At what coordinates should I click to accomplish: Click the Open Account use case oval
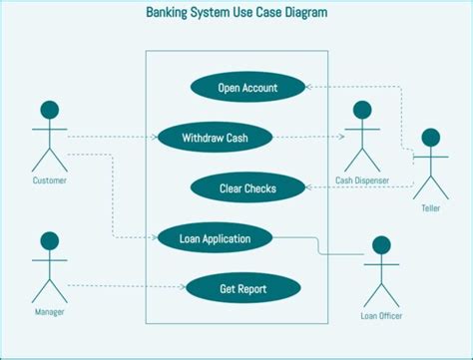pos(247,88)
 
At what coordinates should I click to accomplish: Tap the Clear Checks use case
pos(247,186)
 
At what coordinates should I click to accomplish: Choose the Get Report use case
pos(243,288)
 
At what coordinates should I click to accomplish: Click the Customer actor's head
pos(49,110)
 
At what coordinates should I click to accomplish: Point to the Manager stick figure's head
pos(49,241)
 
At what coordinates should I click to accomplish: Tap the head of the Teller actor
pos(431,138)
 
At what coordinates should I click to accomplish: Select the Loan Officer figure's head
pos(381,245)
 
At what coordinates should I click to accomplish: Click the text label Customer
pos(49,180)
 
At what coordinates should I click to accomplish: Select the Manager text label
pos(49,312)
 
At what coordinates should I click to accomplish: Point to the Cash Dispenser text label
pos(361,180)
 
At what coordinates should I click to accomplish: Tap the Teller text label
pos(431,208)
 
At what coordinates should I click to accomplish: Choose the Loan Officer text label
pos(381,317)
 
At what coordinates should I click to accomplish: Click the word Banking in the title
pos(173,14)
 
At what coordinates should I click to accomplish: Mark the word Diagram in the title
pos(302,14)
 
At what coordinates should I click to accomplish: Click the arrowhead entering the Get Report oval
pos(183,288)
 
